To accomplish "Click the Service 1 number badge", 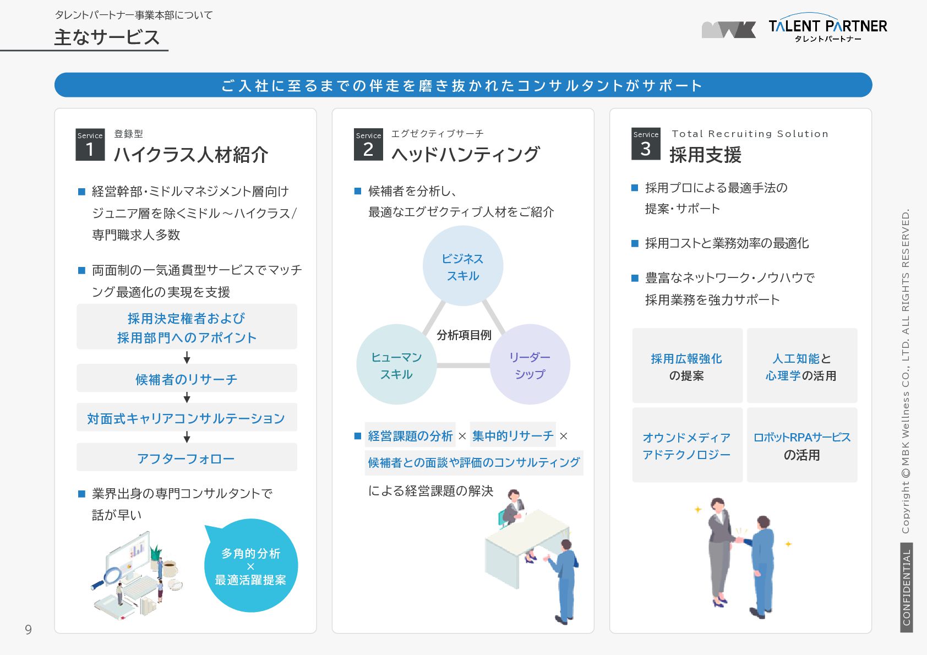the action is [90, 145].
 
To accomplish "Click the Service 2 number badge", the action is [368, 145].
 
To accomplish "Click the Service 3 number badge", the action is [646, 144].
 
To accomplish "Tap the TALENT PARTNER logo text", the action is [827, 26].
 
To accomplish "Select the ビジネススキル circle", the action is [463, 266].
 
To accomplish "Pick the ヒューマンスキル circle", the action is [396, 365].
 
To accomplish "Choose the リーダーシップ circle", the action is [530, 365].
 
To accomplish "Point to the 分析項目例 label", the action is [463, 335].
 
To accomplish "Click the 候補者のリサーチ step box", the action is [187, 379].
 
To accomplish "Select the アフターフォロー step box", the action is [187, 458].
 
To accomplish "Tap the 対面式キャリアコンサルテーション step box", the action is [187, 418].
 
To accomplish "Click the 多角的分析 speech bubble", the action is [251, 566].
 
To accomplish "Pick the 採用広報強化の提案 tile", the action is [686, 367].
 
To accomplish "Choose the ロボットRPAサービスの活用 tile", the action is [802, 446].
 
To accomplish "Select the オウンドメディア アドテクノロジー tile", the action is [686, 446].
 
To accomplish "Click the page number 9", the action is [28, 630].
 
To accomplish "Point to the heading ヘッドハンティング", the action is [465, 154].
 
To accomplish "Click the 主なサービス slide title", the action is [107, 37].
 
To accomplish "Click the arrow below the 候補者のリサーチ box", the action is [187, 397].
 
